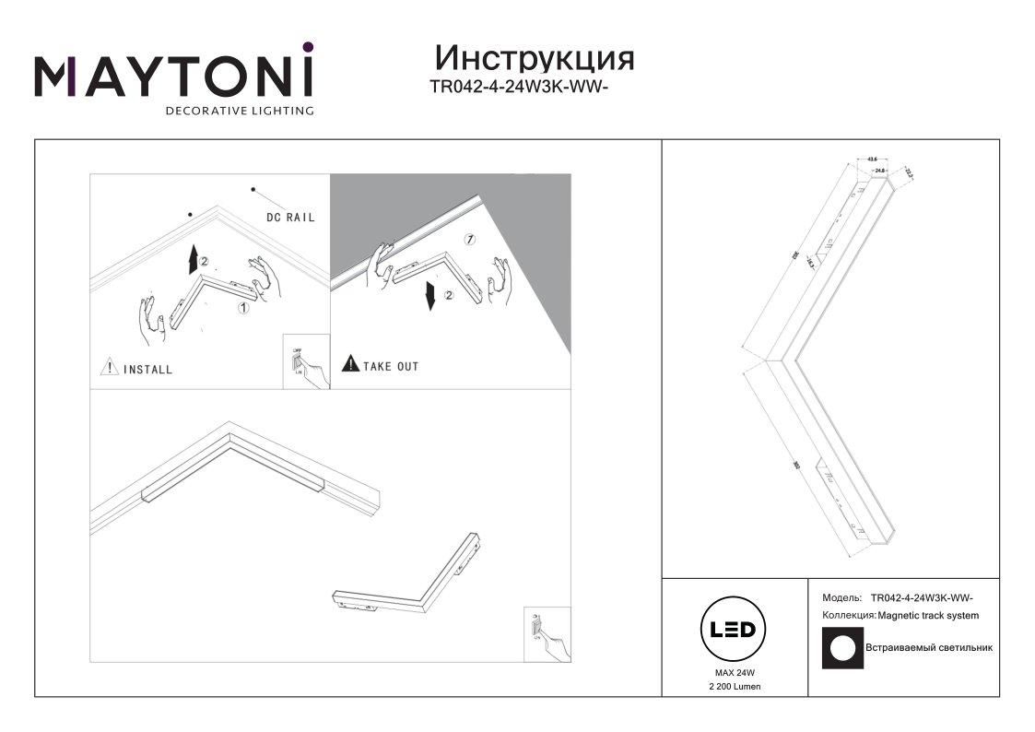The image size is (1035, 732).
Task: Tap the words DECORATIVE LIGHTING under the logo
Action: (x=239, y=111)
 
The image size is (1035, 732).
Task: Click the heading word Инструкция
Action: (x=535, y=58)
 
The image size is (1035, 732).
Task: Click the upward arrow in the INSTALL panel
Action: (x=193, y=261)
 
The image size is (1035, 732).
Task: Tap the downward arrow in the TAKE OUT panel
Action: (x=430, y=297)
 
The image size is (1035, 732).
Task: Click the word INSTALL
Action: (x=147, y=370)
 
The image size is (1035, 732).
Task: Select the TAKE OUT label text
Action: (x=391, y=367)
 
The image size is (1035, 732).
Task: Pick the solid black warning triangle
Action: (x=350, y=365)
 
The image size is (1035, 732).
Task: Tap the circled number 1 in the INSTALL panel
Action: (x=243, y=308)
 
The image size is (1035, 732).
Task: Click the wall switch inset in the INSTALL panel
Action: (x=305, y=362)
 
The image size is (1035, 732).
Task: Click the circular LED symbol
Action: (x=734, y=630)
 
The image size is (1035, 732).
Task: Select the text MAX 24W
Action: (x=735, y=674)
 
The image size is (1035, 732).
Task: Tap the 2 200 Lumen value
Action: (x=735, y=688)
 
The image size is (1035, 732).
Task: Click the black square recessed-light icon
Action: (x=841, y=647)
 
